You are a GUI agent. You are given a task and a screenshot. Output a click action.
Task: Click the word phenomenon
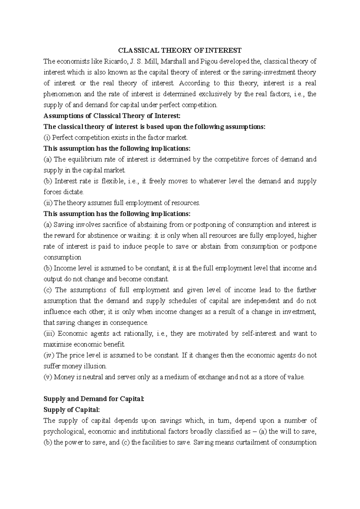62,94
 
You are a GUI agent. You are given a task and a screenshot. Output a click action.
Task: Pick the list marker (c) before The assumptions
48,290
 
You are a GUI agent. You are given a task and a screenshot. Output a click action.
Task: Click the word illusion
96,366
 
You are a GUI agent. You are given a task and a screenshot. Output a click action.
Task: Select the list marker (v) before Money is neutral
48,377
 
